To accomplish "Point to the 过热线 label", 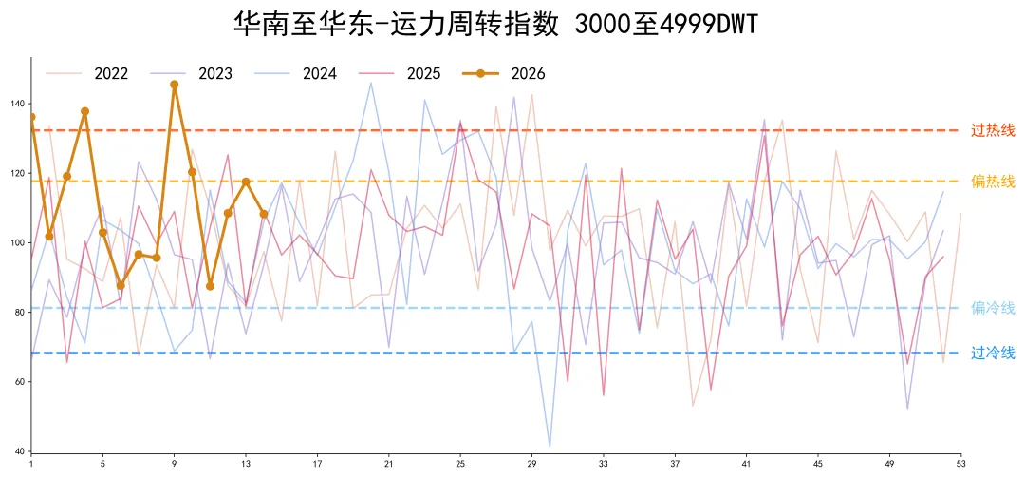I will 993,130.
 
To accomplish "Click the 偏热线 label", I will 993,182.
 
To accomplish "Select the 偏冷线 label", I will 993,308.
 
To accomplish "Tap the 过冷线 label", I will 993,354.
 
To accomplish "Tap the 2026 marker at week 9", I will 175,85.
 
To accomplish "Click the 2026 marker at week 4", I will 85,111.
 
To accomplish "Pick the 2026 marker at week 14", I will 264,214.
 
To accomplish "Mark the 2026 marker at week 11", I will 210,286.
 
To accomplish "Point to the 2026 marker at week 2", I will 49,236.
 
